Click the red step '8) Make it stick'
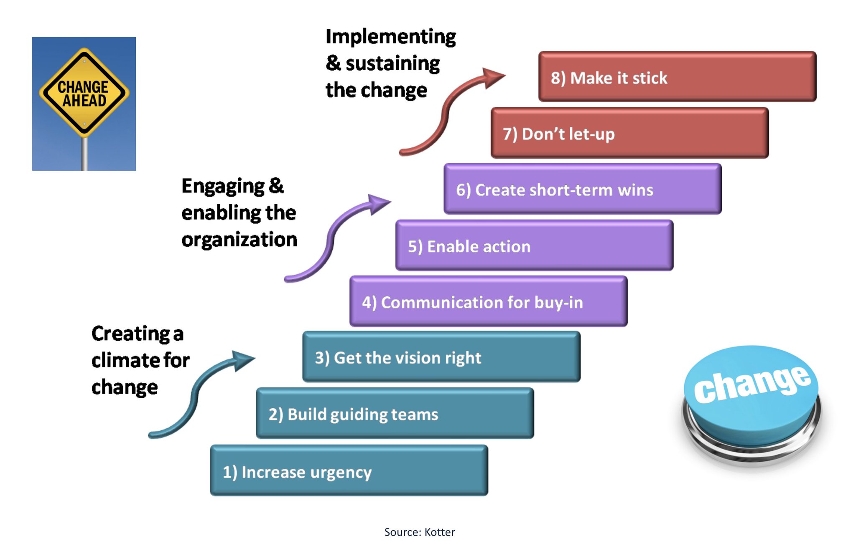coord(677,76)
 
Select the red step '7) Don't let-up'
coord(629,133)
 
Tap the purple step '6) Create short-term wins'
coord(583,189)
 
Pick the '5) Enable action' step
coord(534,245)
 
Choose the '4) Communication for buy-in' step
coord(488,301)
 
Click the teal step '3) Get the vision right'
coord(441,356)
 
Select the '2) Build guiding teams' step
coord(395,413)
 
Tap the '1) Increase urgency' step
coord(349,470)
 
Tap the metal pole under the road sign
coord(84,154)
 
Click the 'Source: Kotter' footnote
coord(419,532)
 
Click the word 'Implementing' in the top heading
coord(391,37)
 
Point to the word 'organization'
coord(239,240)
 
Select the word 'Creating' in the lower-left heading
coord(131,334)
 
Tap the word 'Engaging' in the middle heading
coord(223,187)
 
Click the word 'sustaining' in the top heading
coord(393,64)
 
